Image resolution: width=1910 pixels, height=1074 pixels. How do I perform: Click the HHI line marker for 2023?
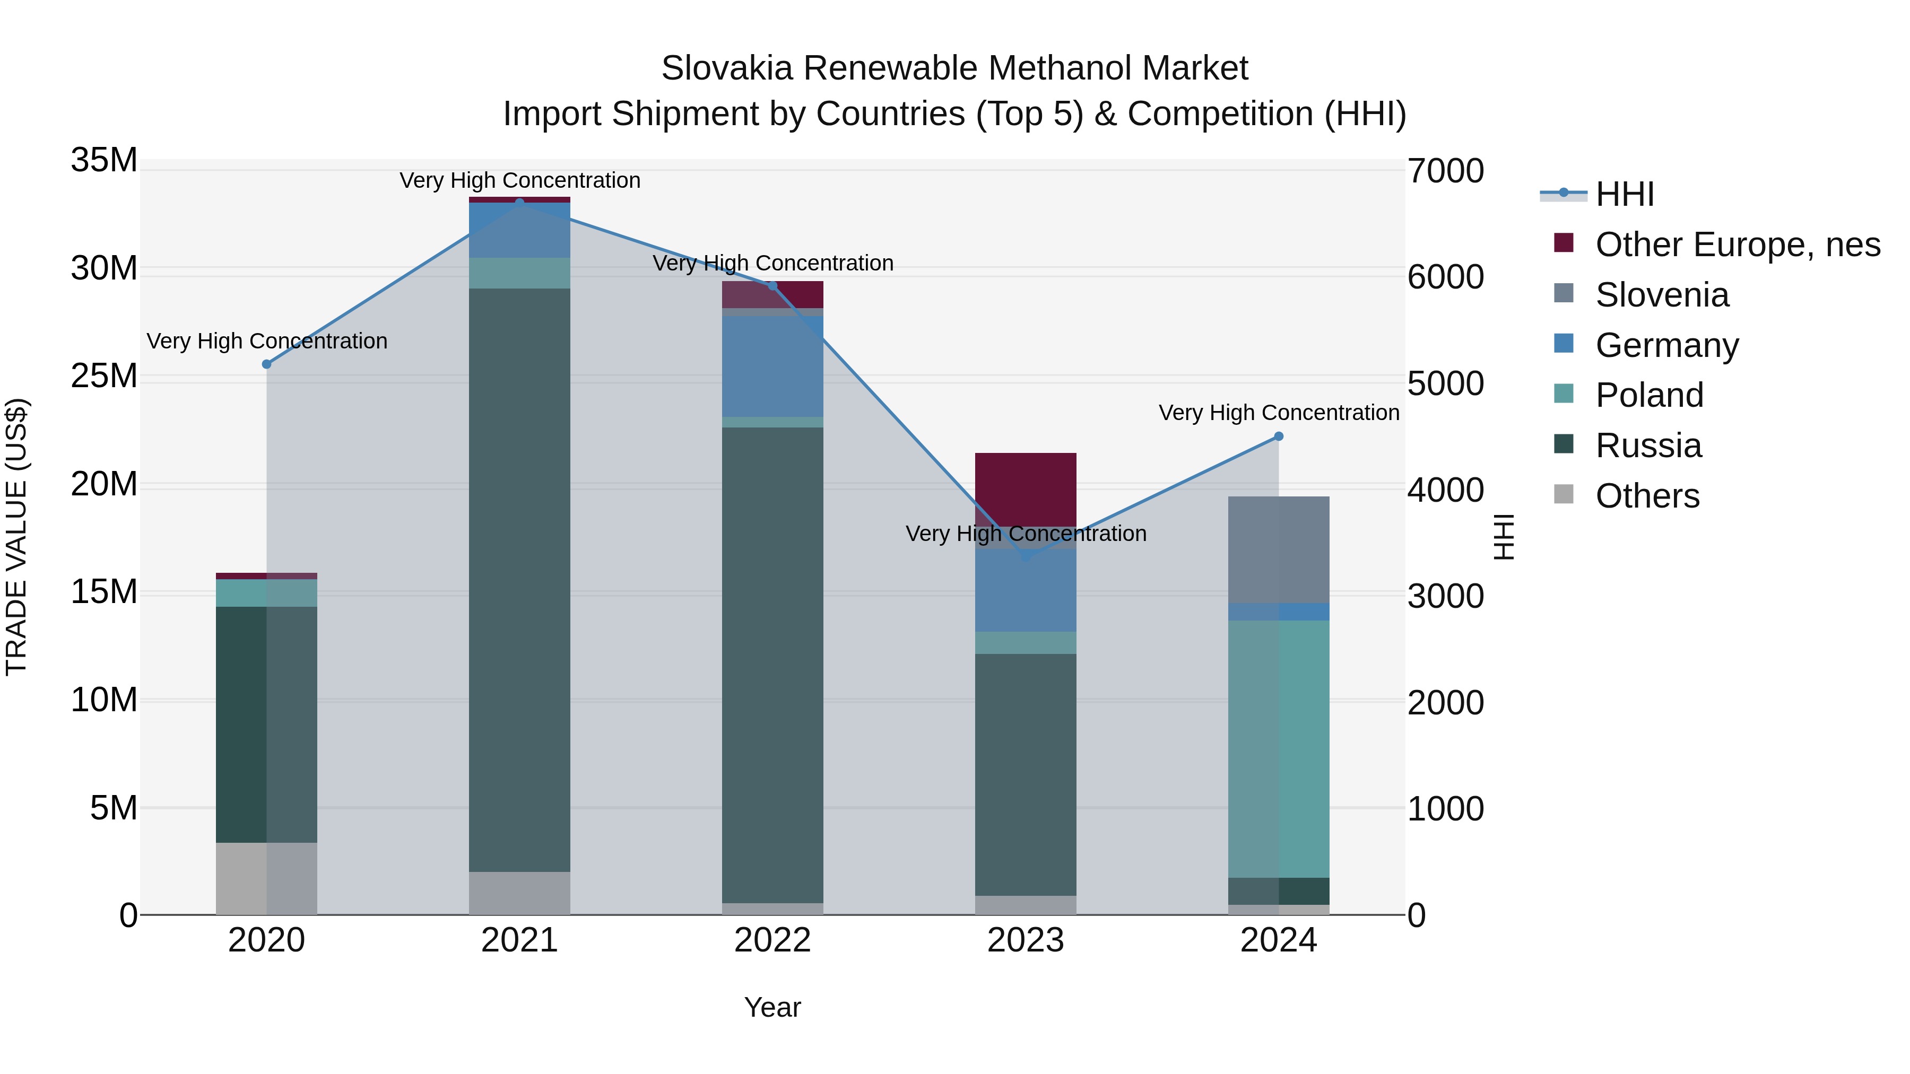coord(1026,556)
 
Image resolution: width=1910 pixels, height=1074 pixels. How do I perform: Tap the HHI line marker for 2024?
coord(1278,436)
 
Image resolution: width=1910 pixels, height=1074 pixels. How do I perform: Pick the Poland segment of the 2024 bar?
coord(1278,748)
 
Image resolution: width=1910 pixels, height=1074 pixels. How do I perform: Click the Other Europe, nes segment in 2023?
coord(1026,489)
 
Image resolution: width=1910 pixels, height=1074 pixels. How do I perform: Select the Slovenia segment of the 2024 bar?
coord(1278,550)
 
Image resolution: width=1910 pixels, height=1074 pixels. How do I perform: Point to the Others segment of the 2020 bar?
coord(266,878)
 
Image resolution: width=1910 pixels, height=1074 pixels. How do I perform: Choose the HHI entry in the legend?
coord(1624,194)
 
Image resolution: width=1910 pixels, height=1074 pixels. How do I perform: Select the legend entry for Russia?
coord(1647,446)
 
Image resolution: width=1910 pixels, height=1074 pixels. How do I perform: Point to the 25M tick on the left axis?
coord(104,376)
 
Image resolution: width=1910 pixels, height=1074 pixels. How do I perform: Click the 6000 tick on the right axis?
coord(1446,277)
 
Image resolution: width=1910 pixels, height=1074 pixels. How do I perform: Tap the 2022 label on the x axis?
coord(772,940)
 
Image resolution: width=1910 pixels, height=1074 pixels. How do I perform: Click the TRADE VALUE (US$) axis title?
coord(16,537)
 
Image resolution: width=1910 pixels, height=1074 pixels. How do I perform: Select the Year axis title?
coord(772,1007)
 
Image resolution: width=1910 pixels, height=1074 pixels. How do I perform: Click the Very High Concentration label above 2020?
coord(267,341)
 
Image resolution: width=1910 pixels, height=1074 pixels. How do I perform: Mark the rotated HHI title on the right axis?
coord(1504,537)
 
